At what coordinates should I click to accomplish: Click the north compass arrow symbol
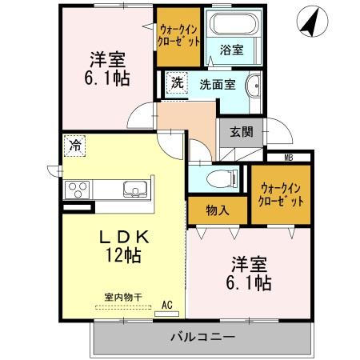point(309,22)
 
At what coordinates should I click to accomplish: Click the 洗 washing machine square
point(176,82)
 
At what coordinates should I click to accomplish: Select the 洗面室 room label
point(217,83)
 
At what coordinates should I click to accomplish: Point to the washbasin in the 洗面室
point(254,85)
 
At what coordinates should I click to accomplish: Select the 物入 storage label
point(218,210)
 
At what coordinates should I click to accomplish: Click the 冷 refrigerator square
point(74,146)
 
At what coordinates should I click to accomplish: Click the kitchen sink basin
point(133,190)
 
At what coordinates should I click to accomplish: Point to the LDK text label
point(124,237)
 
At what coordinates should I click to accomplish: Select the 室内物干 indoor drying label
point(122,297)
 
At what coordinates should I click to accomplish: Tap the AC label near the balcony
point(167,304)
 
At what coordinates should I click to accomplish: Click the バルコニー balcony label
point(202,337)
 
